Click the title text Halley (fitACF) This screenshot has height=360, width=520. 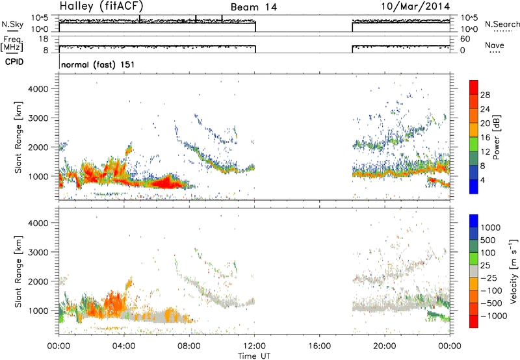pyautogui.click(x=101, y=6)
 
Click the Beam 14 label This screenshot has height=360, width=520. pyautogui.click(x=253, y=7)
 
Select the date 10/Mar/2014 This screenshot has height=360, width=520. pyautogui.click(x=415, y=6)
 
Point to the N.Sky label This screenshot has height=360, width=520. pyautogui.click(x=12, y=25)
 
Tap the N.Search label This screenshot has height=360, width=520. pyautogui.click(x=502, y=24)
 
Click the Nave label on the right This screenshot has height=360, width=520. pyautogui.click(x=495, y=45)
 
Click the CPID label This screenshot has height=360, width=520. pyautogui.click(x=14, y=62)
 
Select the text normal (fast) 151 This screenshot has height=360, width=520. pyautogui.click(x=98, y=64)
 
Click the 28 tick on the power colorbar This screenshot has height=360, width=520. pyautogui.click(x=485, y=95)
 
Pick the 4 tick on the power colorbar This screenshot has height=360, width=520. pyautogui.click(x=482, y=181)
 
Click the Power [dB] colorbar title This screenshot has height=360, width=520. pyautogui.click(x=497, y=137)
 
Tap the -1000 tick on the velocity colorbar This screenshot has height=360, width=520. pyautogui.click(x=494, y=316)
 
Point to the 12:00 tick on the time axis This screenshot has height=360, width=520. pyautogui.click(x=254, y=346)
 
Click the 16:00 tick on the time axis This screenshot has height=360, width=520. pyautogui.click(x=320, y=346)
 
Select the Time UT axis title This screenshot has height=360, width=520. pyautogui.click(x=254, y=356)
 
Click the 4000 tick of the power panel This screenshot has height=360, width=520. pyautogui.click(x=38, y=89)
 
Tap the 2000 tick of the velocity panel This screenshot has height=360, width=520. pyautogui.click(x=38, y=281)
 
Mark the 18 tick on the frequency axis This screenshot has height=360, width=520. pyautogui.click(x=44, y=39)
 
